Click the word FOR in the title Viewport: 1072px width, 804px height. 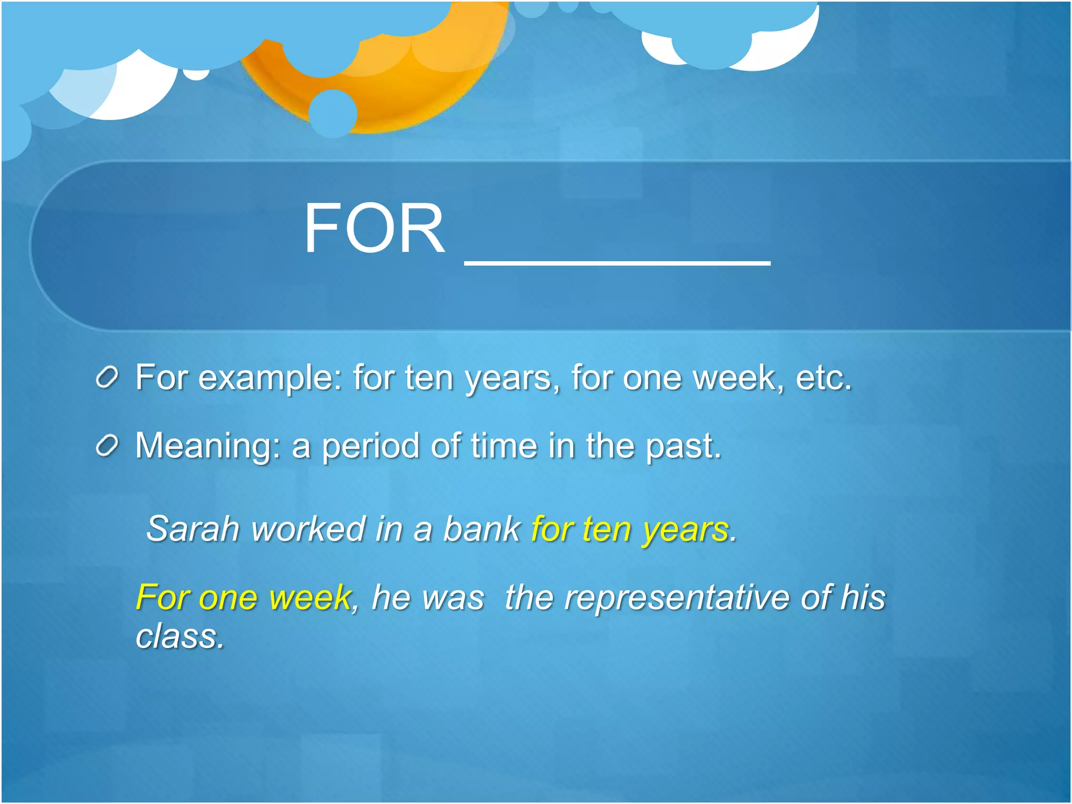tap(374, 229)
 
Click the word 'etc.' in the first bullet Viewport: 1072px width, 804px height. tap(823, 378)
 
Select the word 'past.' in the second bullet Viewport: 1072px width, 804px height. tap(683, 446)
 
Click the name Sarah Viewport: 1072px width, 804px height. tap(193, 529)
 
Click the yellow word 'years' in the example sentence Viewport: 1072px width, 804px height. tap(686, 530)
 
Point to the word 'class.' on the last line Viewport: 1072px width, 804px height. tap(180, 636)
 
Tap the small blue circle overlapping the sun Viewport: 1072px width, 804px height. tap(333, 113)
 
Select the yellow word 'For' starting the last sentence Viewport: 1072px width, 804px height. tap(162, 598)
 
